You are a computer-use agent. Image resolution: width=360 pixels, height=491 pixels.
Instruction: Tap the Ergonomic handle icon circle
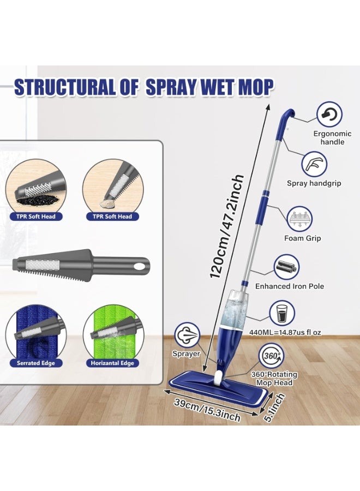coord(330,115)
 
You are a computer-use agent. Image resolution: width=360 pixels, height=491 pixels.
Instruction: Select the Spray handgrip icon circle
coord(315,163)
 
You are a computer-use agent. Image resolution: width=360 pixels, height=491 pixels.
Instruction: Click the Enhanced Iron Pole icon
coord(286,267)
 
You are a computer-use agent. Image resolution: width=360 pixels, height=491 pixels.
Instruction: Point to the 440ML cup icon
coord(282,313)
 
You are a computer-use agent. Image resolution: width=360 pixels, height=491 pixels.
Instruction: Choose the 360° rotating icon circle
coord(271,355)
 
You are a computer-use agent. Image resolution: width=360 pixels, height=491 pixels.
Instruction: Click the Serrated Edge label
coord(36,363)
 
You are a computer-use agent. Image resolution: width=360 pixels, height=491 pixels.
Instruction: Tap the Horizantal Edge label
coord(112,363)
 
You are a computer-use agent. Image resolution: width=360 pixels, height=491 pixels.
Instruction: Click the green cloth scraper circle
coord(112,335)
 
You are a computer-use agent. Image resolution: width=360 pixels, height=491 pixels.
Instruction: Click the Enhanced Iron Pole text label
coord(290,286)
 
